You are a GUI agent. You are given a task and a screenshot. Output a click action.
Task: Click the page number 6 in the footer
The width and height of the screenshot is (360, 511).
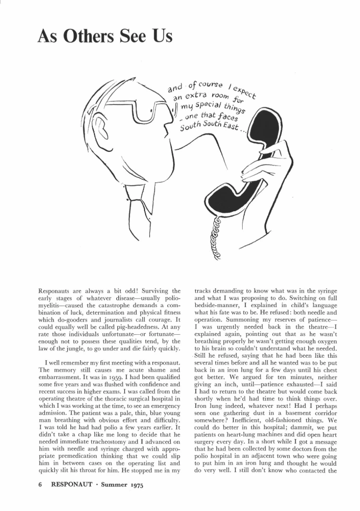point(41,485)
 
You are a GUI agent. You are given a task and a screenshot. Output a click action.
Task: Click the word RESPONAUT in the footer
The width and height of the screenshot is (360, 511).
point(70,485)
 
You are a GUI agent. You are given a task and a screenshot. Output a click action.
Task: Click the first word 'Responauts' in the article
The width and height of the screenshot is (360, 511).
point(57,290)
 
